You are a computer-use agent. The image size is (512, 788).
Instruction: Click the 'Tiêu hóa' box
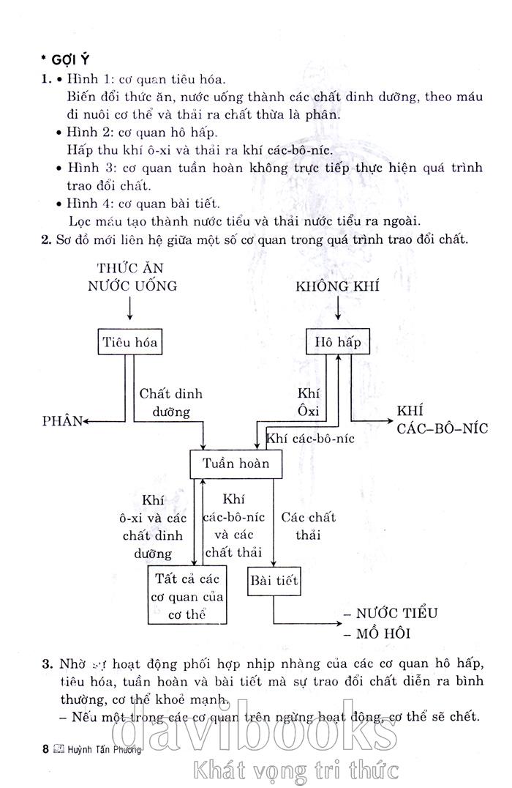tap(131, 342)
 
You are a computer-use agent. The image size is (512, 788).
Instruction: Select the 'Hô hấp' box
tap(337, 342)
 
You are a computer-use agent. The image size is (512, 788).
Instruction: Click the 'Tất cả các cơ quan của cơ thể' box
tap(187, 594)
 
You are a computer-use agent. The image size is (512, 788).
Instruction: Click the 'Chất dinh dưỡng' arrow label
tap(171, 403)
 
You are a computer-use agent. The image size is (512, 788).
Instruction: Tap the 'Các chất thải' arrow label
tap(309, 526)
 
